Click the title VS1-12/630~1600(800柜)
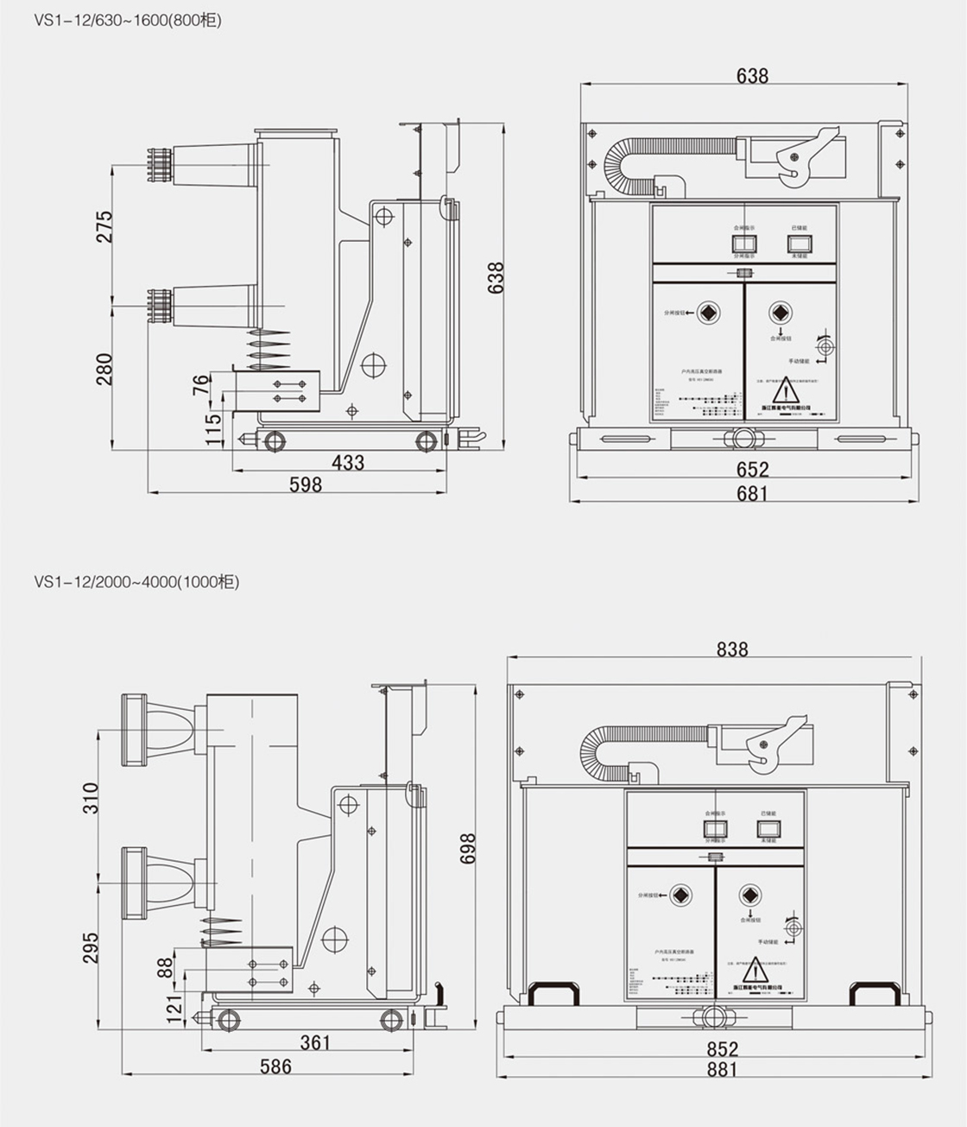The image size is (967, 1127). [x=128, y=20]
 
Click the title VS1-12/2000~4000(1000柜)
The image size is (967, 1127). [x=136, y=582]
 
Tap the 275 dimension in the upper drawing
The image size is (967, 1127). [x=104, y=226]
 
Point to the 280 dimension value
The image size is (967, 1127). [x=104, y=369]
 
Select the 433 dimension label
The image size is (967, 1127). [x=348, y=463]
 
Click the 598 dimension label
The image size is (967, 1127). [x=306, y=484]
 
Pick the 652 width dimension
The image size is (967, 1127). [x=752, y=469]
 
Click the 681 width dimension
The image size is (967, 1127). [x=752, y=493]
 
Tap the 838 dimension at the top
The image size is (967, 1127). [x=731, y=649]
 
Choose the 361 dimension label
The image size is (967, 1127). [x=316, y=1042]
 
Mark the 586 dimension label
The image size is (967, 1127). [x=276, y=1067]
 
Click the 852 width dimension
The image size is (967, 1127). [x=722, y=1048]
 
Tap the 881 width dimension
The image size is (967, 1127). [x=722, y=1069]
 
